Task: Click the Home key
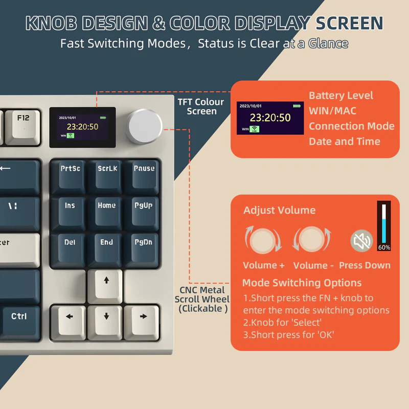[x=106, y=210]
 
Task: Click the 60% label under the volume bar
[x=384, y=247]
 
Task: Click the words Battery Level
[x=341, y=96]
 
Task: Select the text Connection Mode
[x=352, y=126]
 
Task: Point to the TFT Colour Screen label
[x=201, y=106]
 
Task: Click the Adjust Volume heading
[x=279, y=210]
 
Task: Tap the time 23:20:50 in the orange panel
[x=270, y=118]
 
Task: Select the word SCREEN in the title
[x=349, y=24]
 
